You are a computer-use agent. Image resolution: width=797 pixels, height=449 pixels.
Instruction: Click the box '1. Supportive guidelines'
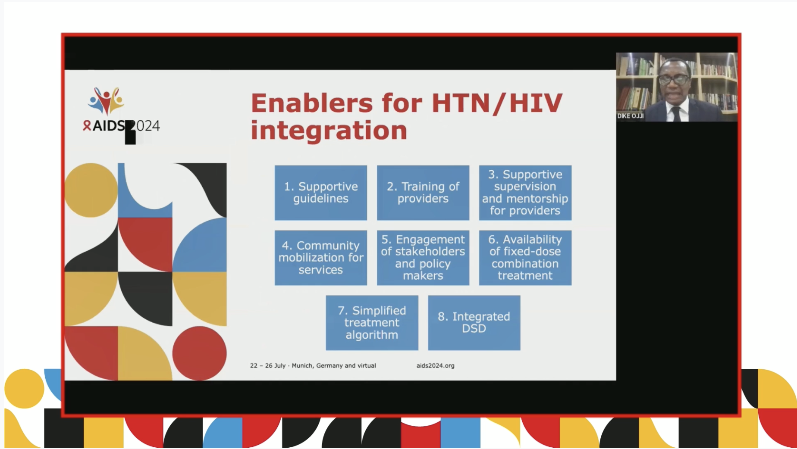pyautogui.click(x=321, y=193)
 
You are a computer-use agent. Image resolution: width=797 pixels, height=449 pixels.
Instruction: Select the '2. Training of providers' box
pyautogui.click(x=423, y=193)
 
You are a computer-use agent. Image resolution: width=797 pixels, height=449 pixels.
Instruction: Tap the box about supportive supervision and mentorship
pyautogui.click(x=525, y=193)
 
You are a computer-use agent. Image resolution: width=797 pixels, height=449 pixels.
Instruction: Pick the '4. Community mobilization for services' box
pyautogui.click(x=321, y=258)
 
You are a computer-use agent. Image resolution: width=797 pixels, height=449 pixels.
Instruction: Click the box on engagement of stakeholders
pyautogui.click(x=423, y=258)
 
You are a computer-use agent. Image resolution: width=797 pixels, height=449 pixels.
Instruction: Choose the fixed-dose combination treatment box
pyautogui.click(x=525, y=258)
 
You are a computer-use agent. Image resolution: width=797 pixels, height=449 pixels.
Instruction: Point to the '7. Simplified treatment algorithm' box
pyautogui.click(x=372, y=323)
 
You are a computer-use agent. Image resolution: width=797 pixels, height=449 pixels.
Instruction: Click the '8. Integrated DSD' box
pyautogui.click(x=474, y=323)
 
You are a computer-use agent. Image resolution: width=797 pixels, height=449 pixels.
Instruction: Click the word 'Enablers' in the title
pyautogui.click(x=312, y=103)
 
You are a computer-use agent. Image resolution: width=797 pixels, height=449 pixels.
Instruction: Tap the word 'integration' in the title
pyautogui.click(x=329, y=130)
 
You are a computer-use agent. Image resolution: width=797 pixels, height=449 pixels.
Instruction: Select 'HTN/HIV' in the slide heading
pyautogui.click(x=497, y=103)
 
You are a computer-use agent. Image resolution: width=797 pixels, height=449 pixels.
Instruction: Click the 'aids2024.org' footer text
pyautogui.click(x=436, y=365)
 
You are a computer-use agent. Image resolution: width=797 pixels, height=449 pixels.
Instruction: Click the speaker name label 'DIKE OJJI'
pyautogui.click(x=631, y=116)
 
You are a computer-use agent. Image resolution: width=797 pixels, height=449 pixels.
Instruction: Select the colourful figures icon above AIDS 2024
pyautogui.click(x=106, y=101)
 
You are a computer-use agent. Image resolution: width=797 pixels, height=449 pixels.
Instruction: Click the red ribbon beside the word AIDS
pyautogui.click(x=87, y=125)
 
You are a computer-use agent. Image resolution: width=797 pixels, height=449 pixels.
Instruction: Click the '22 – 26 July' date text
pyautogui.click(x=268, y=365)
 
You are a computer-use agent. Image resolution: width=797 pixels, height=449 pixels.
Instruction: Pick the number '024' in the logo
pyautogui.click(x=148, y=126)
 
